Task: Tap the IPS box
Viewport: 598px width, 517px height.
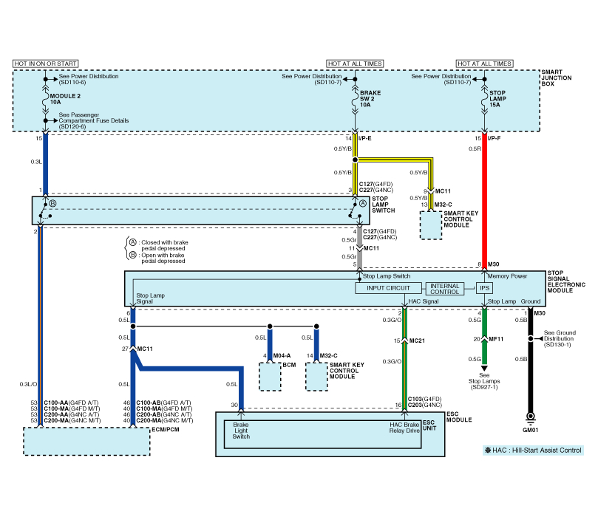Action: [485, 289]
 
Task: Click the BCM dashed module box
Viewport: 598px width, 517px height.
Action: [270, 377]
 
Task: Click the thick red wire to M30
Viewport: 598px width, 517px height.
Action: [486, 199]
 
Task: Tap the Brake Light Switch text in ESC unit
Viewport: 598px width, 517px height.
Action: [242, 431]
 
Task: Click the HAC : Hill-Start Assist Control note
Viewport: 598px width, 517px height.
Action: [531, 451]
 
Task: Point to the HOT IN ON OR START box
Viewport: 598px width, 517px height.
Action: [46, 64]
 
